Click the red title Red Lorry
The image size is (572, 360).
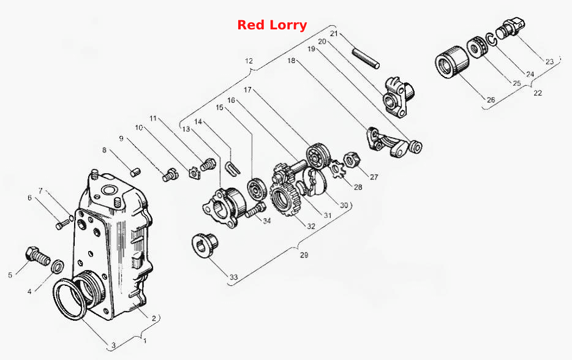272,25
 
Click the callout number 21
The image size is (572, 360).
334,34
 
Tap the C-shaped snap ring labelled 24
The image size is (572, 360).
491,39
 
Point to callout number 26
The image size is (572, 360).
491,100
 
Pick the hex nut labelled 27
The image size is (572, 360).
352,159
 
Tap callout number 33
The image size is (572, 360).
233,277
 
